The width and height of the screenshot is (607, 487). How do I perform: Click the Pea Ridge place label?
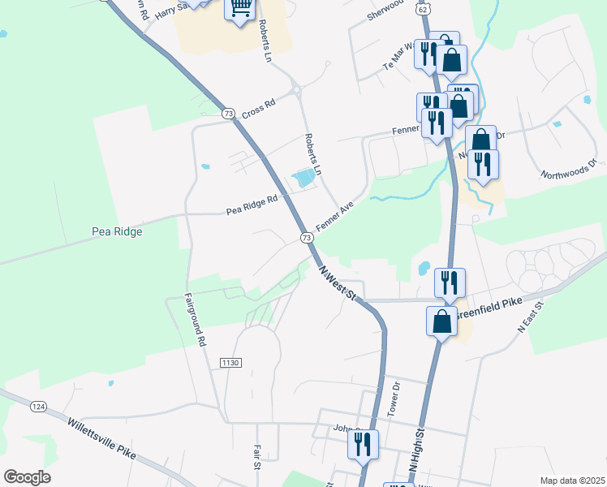[x=117, y=231]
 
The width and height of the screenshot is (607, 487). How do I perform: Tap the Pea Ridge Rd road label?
[x=252, y=204]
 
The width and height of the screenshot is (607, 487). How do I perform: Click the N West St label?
[x=338, y=284]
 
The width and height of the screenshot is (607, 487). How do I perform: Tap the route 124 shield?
[x=38, y=406]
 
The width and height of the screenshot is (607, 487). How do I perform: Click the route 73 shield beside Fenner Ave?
[x=306, y=237]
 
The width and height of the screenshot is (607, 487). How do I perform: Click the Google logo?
[x=27, y=477]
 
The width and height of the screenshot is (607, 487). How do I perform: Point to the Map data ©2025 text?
[x=572, y=481]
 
